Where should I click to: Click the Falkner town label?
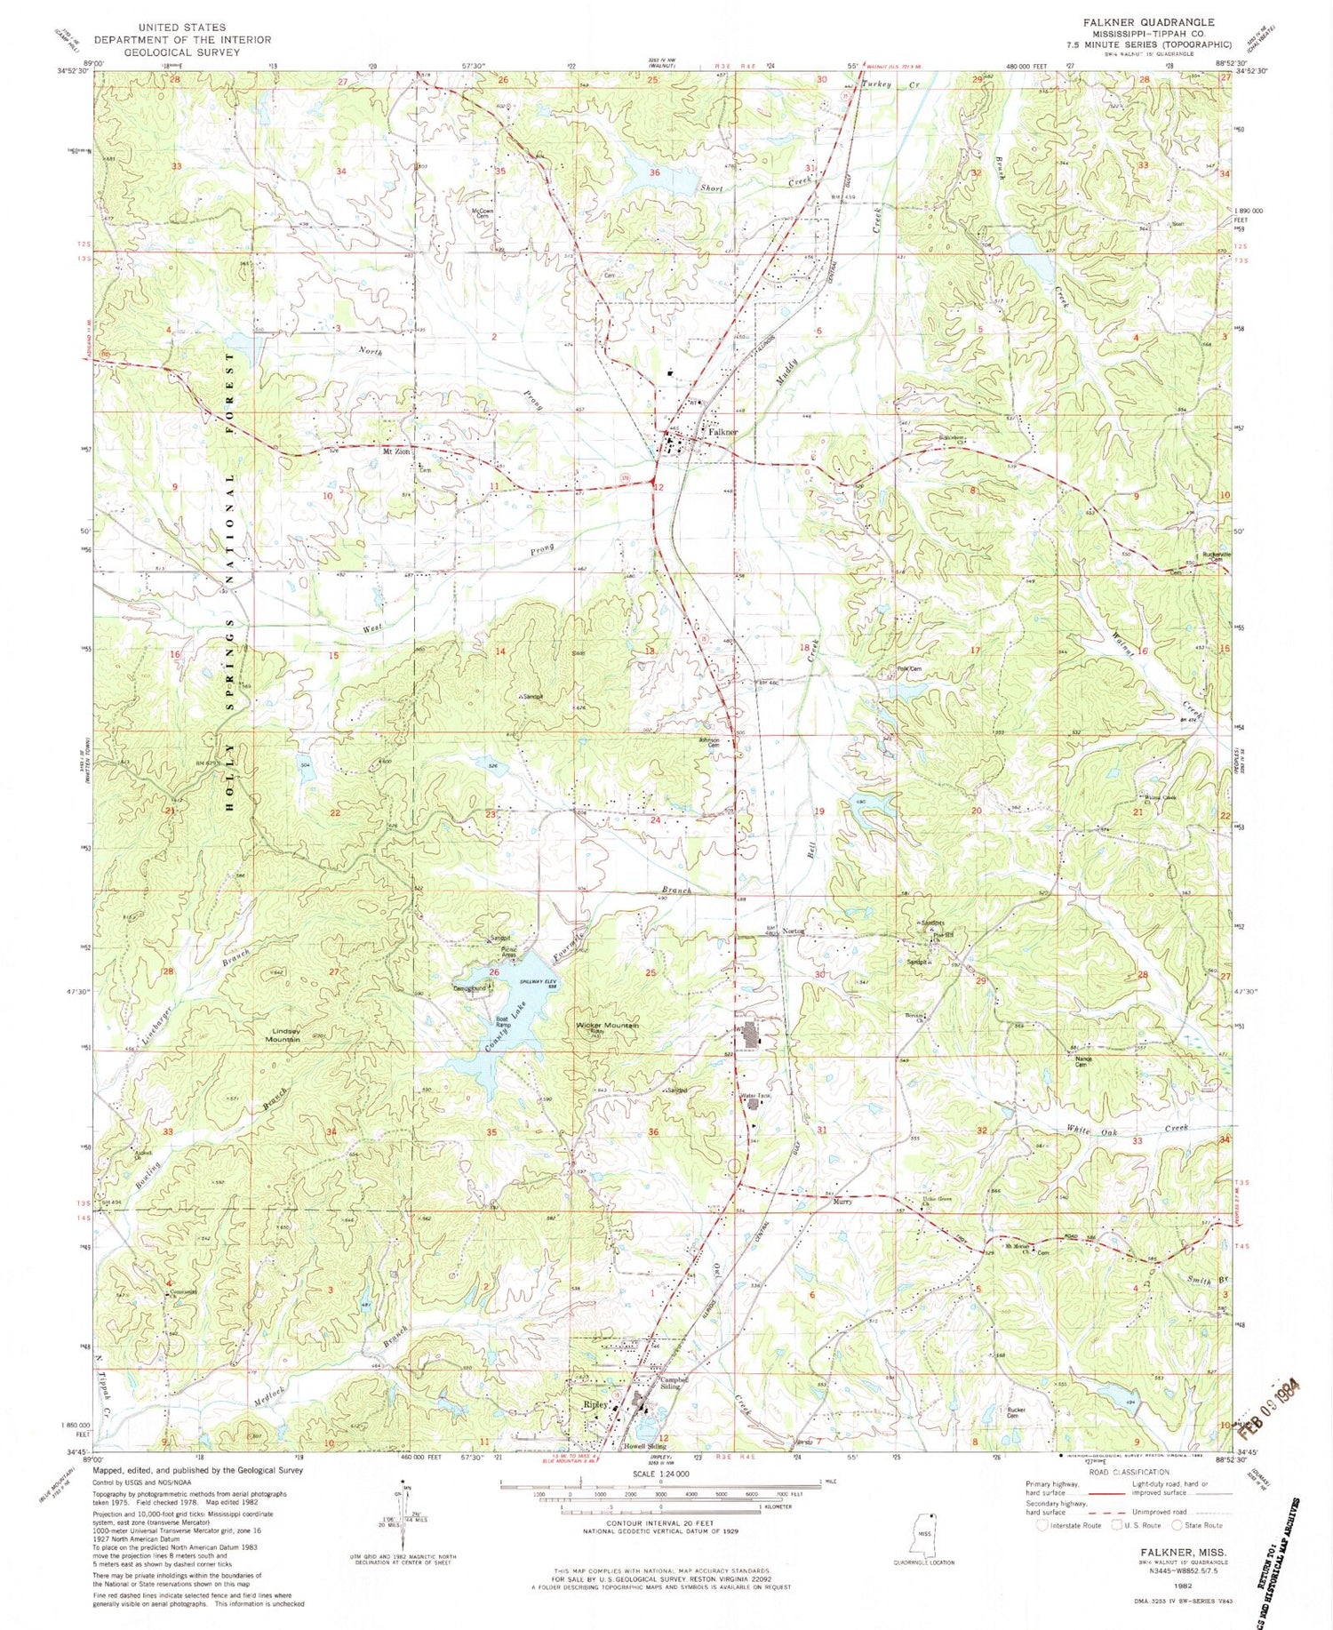pyautogui.click(x=722, y=432)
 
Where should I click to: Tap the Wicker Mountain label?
pyautogui.click(x=608, y=1025)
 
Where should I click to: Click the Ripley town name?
pyautogui.click(x=595, y=1404)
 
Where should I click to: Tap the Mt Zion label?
pyautogui.click(x=396, y=451)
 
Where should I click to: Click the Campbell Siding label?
pyautogui.click(x=674, y=1384)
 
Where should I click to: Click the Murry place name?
pyautogui.click(x=842, y=1202)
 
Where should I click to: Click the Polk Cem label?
pyautogui.click(x=907, y=668)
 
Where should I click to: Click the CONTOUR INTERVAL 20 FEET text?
pyautogui.click(x=659, y=1523)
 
